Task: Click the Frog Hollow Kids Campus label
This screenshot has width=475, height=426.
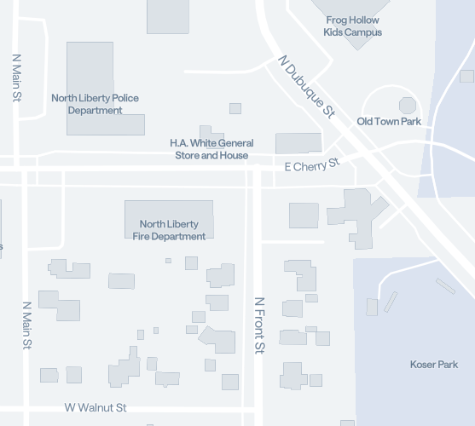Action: click(x=352, y=26)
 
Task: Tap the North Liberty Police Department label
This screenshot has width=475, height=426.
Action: click(x=95, y=104)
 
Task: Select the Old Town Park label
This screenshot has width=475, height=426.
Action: click(x=389, y=122)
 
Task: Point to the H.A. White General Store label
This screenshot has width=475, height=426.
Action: click(x=211, y=149)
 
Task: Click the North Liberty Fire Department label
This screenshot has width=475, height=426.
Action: click(x=169, y=230)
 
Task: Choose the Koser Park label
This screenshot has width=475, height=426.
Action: click(x=434, y=365)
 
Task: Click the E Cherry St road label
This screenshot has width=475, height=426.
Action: click(x=311, y=164)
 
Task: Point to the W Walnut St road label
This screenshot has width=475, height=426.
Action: click(x=96, y=408)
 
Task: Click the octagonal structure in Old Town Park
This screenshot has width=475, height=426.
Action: click(x=408, y=106)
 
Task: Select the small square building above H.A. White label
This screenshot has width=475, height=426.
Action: click(x=235, y=108)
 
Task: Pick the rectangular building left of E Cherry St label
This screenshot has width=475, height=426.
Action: click(x=298, y=142)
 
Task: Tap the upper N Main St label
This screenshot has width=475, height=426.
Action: click(x=15, y=78)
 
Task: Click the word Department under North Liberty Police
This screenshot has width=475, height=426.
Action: click(x=95, y=111)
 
